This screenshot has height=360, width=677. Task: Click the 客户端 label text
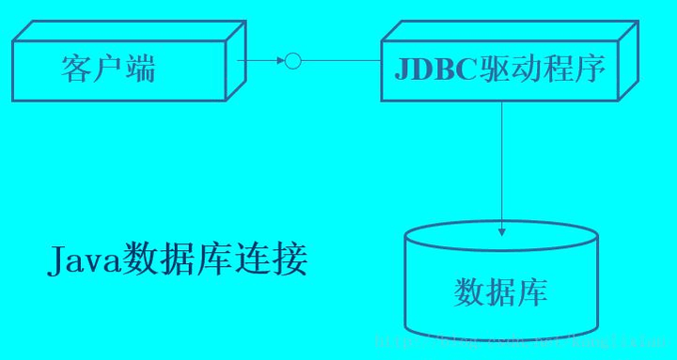click(x=108, y=69)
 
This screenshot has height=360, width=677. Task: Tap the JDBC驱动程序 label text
click(x=499, y=69)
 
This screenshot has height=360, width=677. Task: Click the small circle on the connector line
click(x=292, y=61)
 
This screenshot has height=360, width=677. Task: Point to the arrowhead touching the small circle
click(x=279, y=61)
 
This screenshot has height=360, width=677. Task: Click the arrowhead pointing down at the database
click(x=502, y=230)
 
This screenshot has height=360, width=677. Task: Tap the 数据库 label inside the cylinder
click(x=500, y=292)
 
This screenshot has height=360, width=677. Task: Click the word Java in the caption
click(x=84, y=259)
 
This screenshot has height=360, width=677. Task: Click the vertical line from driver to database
click(x=502, y=160)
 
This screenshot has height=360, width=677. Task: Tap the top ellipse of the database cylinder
click(x=501, y=236)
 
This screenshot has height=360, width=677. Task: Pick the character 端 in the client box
click(x=140, y=69)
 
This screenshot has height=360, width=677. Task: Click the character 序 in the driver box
click(x=590, y=69)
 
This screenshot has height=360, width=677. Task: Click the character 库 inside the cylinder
click(x=532, y=292)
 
